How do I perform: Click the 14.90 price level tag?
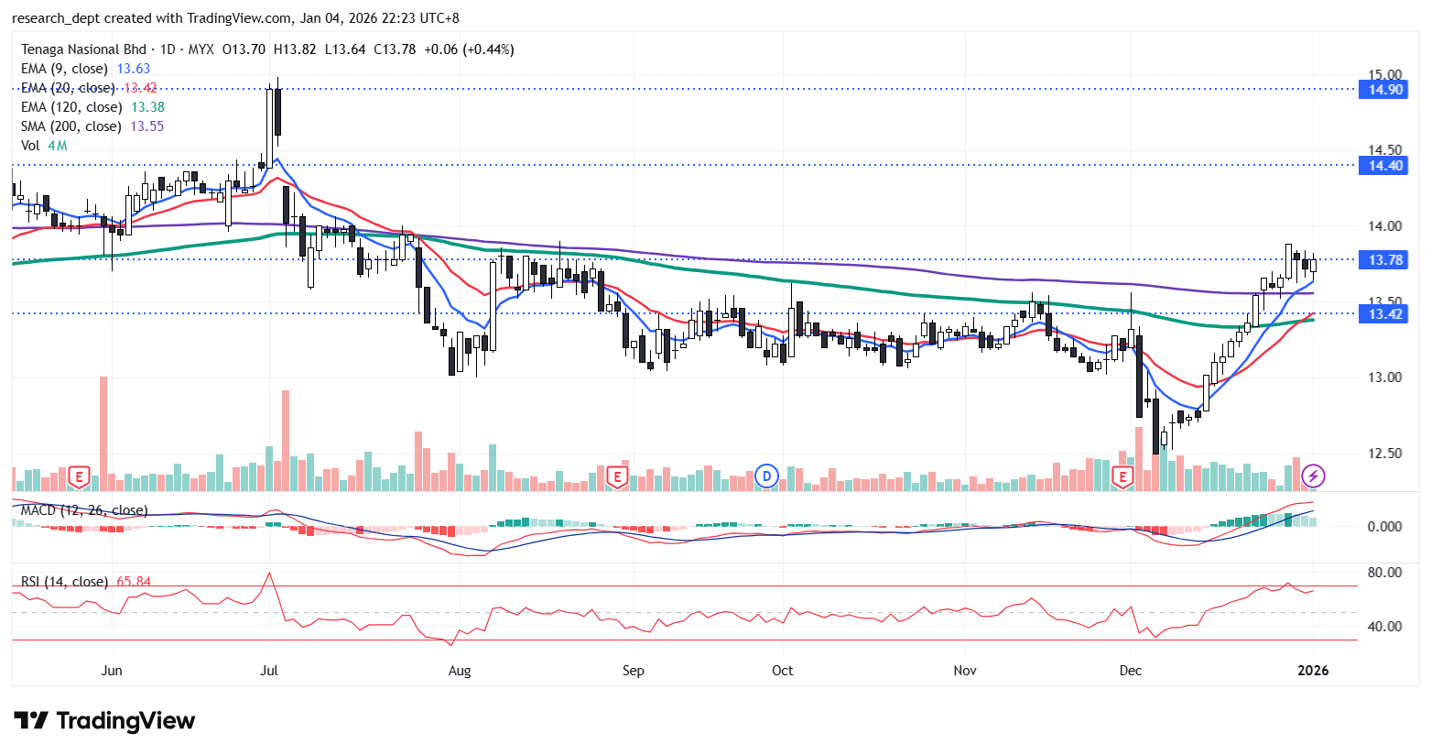(x=1384, y=90)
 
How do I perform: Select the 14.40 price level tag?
(x=1384, y=166)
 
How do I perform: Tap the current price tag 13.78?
(x=1384, y=260)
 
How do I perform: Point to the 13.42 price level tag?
(x=1384, y=314)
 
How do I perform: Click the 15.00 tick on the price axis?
(x=1384, y=74)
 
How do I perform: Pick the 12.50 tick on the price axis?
(x=1384, y=453)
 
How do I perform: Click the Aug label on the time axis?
(x=460, y=671)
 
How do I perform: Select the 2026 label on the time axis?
(x=1313, y=671)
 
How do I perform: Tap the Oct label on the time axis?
(x=783, y=671)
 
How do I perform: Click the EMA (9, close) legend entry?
(x=64, y=69)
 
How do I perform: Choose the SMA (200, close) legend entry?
(x=71, y=126)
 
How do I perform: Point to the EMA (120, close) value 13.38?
(x=148, y=107)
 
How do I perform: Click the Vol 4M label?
(x=44, y=146)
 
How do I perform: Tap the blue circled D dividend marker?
(x=766, y=476)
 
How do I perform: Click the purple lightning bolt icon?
(x=1314, y=476)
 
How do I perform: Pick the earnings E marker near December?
(x=1122, y=476)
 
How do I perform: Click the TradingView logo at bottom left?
(x=104, y=721)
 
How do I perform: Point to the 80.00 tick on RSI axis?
(x=1383, y=573)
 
